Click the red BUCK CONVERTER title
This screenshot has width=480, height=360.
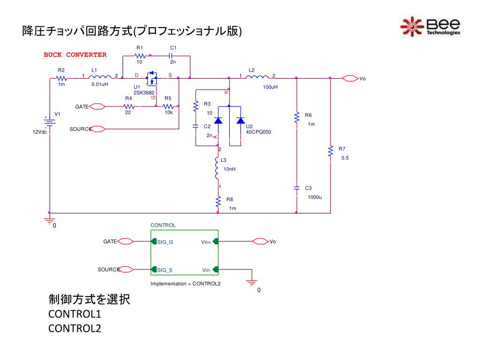click(x=75, y=55)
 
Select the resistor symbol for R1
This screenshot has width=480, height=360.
click(x=139, y=55)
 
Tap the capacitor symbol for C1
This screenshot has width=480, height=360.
click(x=172, y=55)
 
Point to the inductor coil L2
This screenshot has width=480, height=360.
click(x=257, y=78)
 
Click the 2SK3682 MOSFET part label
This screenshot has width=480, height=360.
click(x=144, y=93)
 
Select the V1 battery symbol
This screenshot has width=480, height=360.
click(x=50, y=121)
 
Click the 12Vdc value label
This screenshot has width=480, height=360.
click(x=40, y=132)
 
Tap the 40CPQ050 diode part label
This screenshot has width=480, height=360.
click(x=259, y=132)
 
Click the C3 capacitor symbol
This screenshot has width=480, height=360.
click(x=296, y=188)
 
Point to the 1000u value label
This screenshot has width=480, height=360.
click(x=315, y=197)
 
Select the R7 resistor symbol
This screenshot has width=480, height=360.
click(x=330, y=152)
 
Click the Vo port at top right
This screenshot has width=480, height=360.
click(x=351, y=78)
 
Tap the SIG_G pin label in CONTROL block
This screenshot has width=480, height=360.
click(x=165, y=242)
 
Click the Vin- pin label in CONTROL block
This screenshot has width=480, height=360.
click(x=207, y=270)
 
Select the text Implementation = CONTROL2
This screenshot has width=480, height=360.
click(x=185, y=284)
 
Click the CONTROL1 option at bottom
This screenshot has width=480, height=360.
click(x=75, y=314)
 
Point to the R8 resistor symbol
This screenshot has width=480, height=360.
click(x=218, y=202)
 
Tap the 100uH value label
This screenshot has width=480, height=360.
click(x=270, y=87)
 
